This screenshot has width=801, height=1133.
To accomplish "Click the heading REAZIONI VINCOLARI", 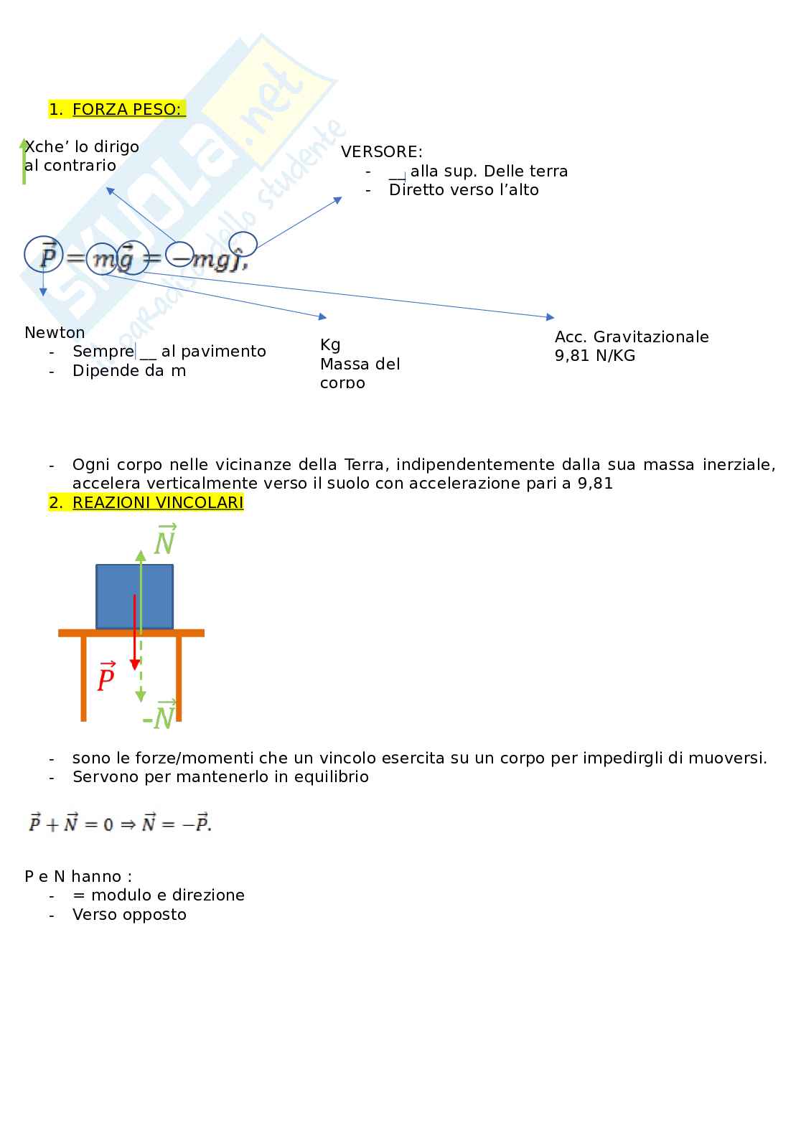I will (x=157, y=502).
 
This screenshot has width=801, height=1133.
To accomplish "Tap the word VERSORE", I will (x=381, y=151).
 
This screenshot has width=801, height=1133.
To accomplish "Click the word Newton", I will (x=55, y=332).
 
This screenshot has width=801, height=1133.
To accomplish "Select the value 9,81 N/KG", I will (x=594, y=355).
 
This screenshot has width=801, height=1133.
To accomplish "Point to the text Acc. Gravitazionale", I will (x=631, y=337).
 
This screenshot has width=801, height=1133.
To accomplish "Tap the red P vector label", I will (x=106, y=677).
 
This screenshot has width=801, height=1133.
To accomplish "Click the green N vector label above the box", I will (x=165, y=540).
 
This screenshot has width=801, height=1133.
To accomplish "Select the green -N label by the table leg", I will (x=160, y=715).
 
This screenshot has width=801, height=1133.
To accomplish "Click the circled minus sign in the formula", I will (x=179, y=255).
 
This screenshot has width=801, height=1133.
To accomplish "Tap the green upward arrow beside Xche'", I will (x=24, y=161).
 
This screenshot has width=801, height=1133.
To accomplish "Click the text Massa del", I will (x=360, y=364).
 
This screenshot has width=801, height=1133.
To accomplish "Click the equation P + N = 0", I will (x=119, y=824).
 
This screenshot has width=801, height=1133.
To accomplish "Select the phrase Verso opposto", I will (x=129, y=914).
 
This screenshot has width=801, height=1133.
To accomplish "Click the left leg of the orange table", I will (x=84, y=678).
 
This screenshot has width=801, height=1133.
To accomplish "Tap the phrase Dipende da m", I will (x=128, y=370).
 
